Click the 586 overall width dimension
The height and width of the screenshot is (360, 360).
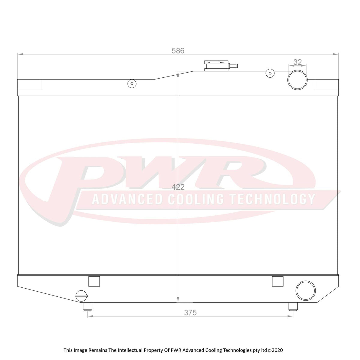coord(178,51)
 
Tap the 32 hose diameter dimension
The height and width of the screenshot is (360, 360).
coord(297,62)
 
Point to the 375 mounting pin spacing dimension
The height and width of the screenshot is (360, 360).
coord(190,313)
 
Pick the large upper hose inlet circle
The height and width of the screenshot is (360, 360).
coord(298,80)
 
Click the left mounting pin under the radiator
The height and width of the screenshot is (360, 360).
coord(87,306)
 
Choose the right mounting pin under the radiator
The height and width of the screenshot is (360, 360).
coord(293,306)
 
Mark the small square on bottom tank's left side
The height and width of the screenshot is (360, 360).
coord(94,281)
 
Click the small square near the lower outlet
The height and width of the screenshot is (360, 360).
coord(277,281)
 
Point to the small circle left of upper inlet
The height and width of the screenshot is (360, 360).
coord(270,73)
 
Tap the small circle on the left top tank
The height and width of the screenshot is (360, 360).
coord(132,83)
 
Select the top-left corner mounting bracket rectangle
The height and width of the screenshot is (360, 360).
coord(29,84)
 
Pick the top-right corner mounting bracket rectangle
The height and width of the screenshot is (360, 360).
coord(326,84)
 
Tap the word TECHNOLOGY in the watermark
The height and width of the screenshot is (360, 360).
coord(272,199)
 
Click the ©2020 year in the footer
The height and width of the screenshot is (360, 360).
coord(275,350)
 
